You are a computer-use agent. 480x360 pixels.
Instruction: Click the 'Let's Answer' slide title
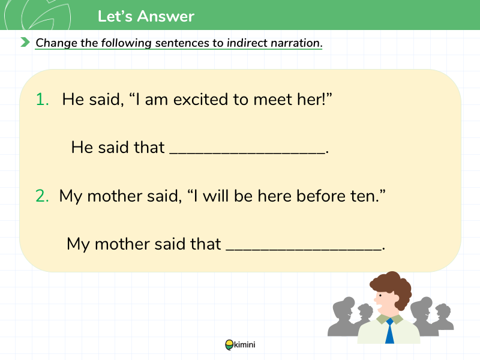pos(146,16)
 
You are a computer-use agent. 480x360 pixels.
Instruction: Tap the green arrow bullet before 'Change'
pos(25,42)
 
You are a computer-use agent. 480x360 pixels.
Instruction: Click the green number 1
pos(42,100)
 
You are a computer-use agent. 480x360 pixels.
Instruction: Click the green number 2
pos(42,196)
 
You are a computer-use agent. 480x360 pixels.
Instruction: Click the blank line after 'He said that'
pos(247,152)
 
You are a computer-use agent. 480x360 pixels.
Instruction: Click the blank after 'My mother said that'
pos(304,249)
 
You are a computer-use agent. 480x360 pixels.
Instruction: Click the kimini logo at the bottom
pos(240,344)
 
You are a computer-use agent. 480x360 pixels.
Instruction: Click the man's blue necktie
pos(389,331)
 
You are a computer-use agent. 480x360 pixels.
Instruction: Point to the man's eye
pos(380,295)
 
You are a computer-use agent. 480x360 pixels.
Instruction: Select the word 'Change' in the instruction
pos(56,43)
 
